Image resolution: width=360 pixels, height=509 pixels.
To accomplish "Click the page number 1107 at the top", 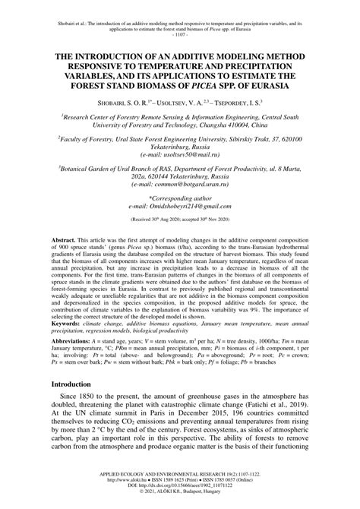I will tap(180, 35).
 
